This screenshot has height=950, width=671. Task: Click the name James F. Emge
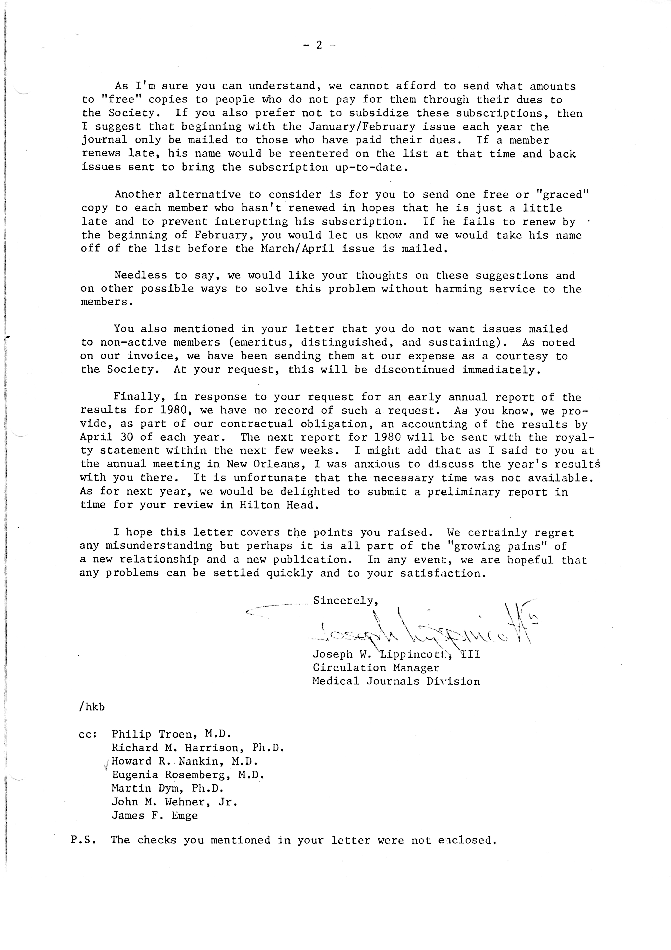[x=155, y=815]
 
